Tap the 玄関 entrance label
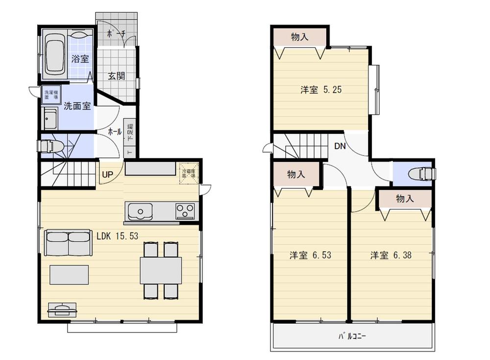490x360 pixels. pyautogui.click(x=116, y=76)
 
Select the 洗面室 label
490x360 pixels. pyautogui.click(x=77, y=105)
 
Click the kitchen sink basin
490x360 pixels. pyautogui.click(x=141, y=212)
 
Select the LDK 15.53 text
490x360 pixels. pyautogui.click(x=117, y=236)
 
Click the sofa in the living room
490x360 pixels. pyautogui.click(x=68, y=243)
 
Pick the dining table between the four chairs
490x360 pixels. pyautogui.click(x=161, y=270)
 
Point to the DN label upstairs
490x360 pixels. pyautogui.click(x=340, y=146)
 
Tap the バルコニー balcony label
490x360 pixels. pyautogui.click(x=352, y=337)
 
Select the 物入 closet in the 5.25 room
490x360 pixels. pyautogui.click(x=299, y=37)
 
